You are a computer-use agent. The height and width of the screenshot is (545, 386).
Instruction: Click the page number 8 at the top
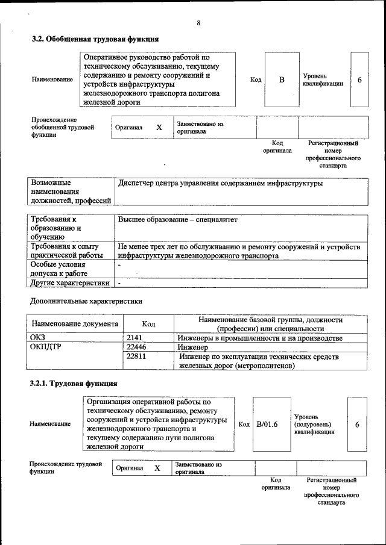point(198,23)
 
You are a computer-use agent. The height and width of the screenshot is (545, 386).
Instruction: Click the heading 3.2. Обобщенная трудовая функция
point(95,39)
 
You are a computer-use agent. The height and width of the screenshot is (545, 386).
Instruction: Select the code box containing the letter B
point(282,80)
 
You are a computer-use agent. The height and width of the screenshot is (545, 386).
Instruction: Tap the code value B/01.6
point(267,424)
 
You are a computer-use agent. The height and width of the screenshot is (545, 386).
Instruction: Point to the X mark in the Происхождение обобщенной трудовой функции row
point(159,128)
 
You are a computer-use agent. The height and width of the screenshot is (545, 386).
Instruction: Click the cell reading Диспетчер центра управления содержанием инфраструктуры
point(221,183)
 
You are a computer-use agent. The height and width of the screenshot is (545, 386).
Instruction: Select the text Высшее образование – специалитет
point(178,220)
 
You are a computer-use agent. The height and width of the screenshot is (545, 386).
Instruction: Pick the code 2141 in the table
point(134,338)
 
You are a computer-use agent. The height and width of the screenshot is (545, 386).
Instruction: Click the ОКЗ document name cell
point(37,338)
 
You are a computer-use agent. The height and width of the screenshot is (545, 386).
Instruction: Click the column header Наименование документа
point(75,324)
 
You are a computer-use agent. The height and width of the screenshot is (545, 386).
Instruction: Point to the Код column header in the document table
point(148,324)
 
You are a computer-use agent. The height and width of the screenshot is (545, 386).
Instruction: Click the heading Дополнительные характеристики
point(86,300)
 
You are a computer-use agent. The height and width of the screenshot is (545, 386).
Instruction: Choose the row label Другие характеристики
point(70,282)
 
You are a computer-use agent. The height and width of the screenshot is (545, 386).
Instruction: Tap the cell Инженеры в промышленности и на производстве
point(260,338)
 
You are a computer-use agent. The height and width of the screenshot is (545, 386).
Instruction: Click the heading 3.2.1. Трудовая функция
point(74,383)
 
